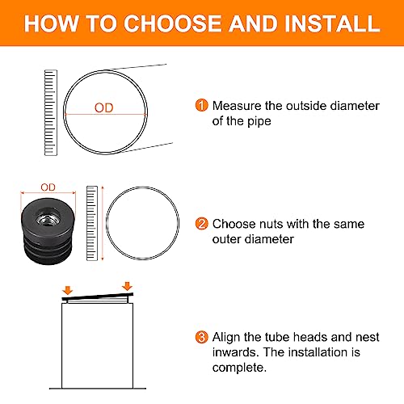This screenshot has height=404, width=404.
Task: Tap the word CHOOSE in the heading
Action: [172, 23]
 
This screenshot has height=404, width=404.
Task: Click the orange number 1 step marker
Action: [201, 105]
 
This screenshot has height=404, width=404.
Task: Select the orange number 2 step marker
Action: [201, 224]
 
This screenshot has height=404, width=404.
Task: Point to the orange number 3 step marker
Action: [201, 337]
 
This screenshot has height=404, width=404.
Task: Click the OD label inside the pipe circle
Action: [104, 108]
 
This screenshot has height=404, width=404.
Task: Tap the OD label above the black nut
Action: [48, 187]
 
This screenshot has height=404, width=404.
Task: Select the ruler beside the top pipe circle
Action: [51, 112]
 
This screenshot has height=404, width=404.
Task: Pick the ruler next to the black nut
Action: [92, 223]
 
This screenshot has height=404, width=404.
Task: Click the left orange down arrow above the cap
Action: [67, 290]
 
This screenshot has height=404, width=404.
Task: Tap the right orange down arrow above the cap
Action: [127, 286]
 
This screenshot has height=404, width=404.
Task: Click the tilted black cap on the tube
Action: [98, 297]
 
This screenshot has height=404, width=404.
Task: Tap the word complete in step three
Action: [239, 368]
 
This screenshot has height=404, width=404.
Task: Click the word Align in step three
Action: [226, 338]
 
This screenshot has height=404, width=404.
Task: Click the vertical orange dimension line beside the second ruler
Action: [103, 223]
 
